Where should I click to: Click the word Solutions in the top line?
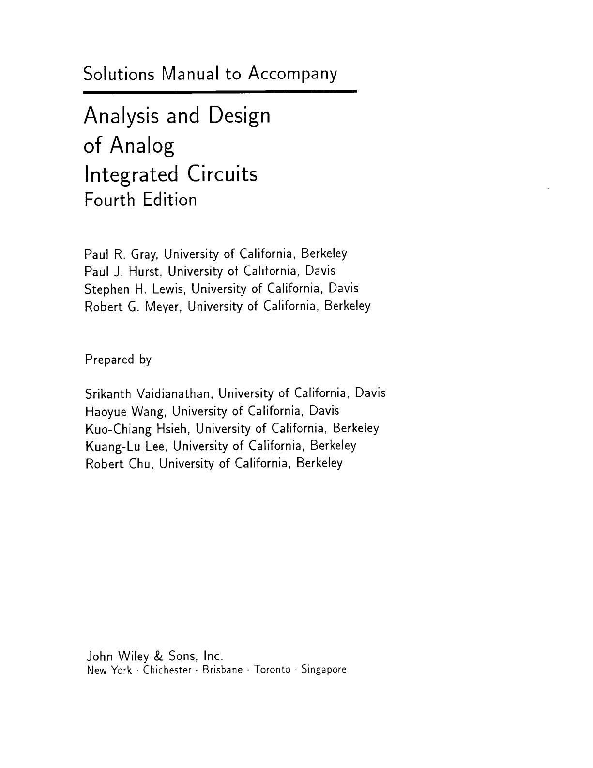coord(119,74)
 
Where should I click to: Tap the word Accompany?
coord(292,74)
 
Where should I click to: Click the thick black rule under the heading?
coord(220,91)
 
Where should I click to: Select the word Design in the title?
coord(239,116)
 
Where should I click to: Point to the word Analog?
coord(142,145)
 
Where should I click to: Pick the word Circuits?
coord(223,173)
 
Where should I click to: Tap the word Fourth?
coord(109,200)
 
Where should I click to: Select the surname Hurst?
coord(145,271)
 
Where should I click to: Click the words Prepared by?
coord(118,360)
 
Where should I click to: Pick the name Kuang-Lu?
coord(112,446)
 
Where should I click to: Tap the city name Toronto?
coord(272,670)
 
